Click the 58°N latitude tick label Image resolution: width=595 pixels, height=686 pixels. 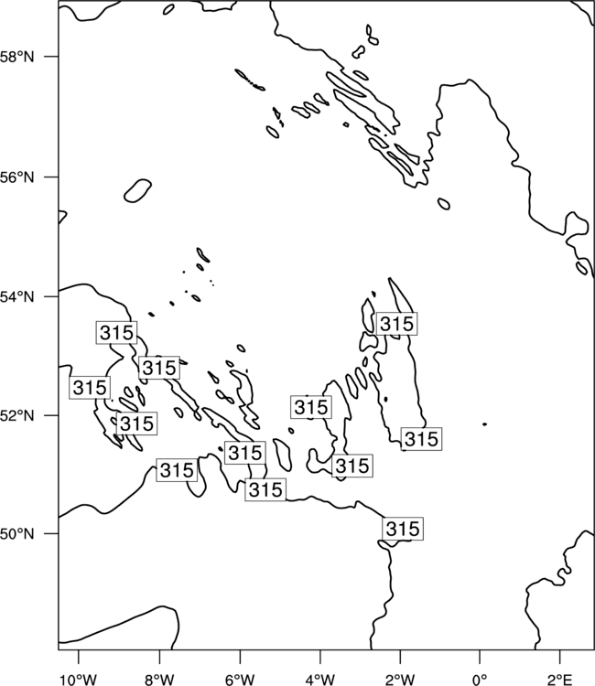coord(16,57)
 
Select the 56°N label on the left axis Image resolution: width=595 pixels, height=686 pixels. coord(16,177)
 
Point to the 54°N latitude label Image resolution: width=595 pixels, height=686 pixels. coord(16,297)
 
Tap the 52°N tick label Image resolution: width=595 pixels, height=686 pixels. coord(16,415)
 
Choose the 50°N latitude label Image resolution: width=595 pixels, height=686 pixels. coord(16,534)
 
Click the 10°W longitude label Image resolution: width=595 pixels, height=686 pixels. coord(79,680)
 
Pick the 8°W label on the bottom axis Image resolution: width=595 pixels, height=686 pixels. coord(159,680)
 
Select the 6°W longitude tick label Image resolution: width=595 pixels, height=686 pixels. coord(240,680)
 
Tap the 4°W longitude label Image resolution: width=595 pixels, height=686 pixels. coord(320,680)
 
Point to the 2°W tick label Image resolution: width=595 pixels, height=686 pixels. coord(400,680)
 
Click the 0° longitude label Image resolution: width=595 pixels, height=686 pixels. coord(481,680)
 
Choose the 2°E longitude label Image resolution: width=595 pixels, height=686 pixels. coord(560,680)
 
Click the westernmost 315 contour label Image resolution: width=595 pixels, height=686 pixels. coord(90,388)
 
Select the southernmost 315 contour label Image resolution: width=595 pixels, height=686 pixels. coord(403,529)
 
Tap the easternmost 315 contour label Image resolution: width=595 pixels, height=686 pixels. coord(421,439)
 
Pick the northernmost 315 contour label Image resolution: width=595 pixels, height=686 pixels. coord(396,324)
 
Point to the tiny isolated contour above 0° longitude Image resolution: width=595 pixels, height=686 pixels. coord(484,423)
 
